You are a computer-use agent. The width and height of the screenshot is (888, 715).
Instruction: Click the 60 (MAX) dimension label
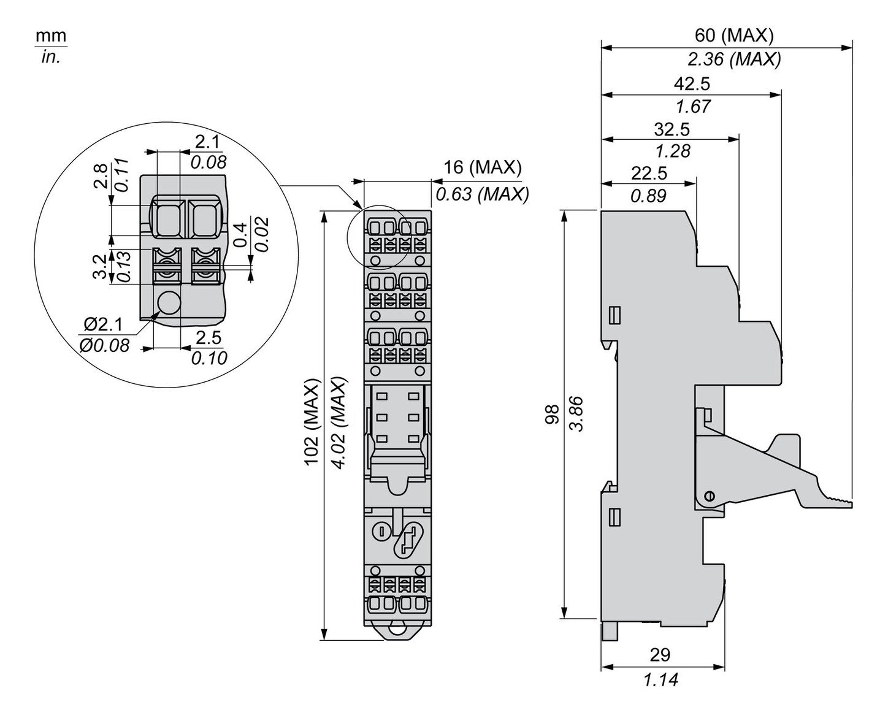pyautogui.click(x=733, y=36)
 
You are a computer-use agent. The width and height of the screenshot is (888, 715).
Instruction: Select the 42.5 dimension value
pyautogui.click(x=692, y=83)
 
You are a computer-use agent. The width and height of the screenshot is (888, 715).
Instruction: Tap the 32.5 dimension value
pyautogui.click(x=672, y=129)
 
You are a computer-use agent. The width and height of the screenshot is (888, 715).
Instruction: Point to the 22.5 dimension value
pyautogui.click(x=649, y=174)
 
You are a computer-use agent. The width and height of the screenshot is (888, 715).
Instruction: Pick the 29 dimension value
pyautogui.click(x=660, y=655)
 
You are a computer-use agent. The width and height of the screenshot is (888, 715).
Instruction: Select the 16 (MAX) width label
pyautogui.click(x=483, y=167)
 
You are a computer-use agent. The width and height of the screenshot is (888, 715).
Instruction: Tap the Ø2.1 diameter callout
pyautogui.click(x=104, y=323)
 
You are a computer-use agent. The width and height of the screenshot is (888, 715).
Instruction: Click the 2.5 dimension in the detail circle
pyautogui.click(x=209, y=337)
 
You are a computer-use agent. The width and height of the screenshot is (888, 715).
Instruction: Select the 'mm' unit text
pyautogui.click(x=50, y=36)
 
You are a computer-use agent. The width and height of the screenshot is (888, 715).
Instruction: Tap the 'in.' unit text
pyautogui.click(x=50, y=58)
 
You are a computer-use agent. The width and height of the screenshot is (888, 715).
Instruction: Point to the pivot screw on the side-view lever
pyautogui.click(x=710, y=495)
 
